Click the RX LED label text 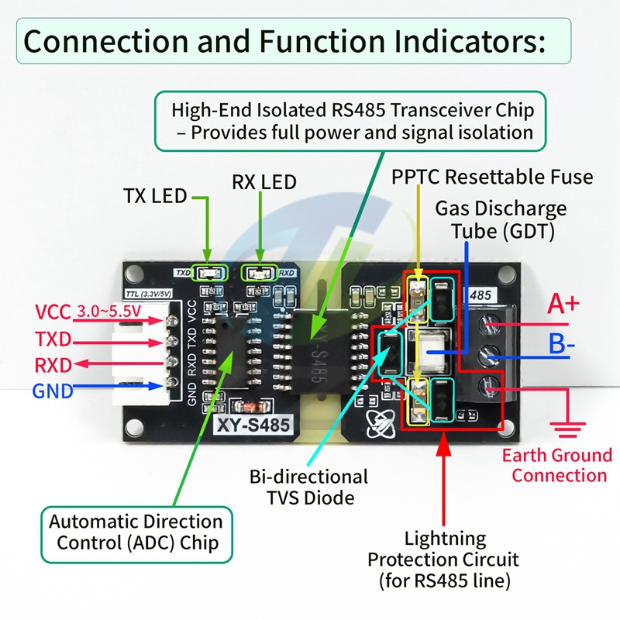point(264,182)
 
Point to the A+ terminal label point(563,304)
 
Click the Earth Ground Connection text point(556,465)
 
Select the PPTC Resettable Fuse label point(492,177)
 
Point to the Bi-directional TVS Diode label point(308,487)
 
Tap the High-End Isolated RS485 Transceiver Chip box point(351,120)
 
